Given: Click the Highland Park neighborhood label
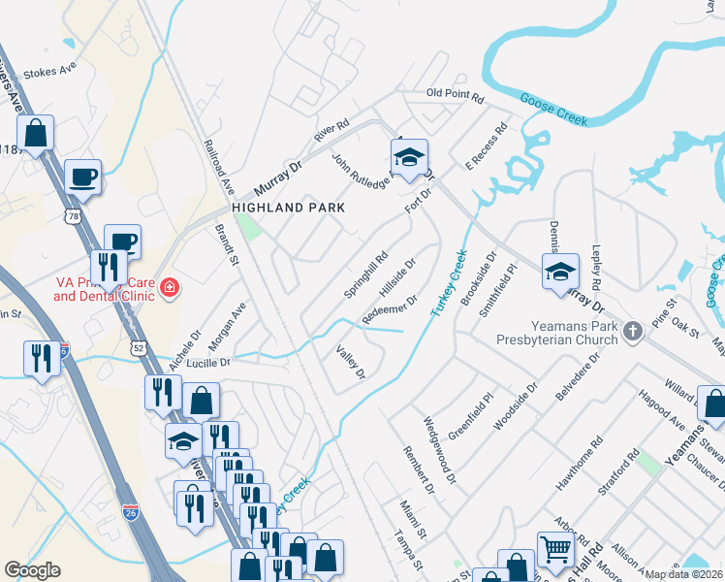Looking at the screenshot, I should (288, 208).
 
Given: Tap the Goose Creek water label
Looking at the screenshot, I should (553, 109).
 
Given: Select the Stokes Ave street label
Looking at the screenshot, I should (49, 71).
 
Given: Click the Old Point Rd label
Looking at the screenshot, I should (455, 94).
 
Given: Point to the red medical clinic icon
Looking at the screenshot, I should (170, 288).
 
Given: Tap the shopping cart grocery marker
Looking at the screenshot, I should (555, 549).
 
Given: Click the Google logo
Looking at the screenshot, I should (32, 570).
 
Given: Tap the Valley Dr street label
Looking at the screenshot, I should (350, 362).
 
